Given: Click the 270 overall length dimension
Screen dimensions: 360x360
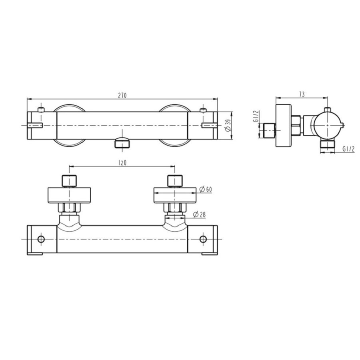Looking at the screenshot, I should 122,95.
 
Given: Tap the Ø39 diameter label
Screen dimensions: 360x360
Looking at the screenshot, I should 228,125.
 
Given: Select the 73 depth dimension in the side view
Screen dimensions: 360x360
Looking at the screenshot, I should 302,94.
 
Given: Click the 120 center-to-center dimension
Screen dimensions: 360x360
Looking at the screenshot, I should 122,164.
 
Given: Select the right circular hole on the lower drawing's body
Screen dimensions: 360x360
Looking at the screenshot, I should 204,239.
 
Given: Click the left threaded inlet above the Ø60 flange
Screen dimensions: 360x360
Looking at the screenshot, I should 70,181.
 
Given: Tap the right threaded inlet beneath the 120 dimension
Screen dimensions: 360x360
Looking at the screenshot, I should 174,181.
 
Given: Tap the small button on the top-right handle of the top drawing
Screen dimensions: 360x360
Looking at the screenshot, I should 203,110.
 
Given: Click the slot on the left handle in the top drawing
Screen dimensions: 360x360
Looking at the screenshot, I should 35,125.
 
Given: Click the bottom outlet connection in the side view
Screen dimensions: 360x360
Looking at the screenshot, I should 328,146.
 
